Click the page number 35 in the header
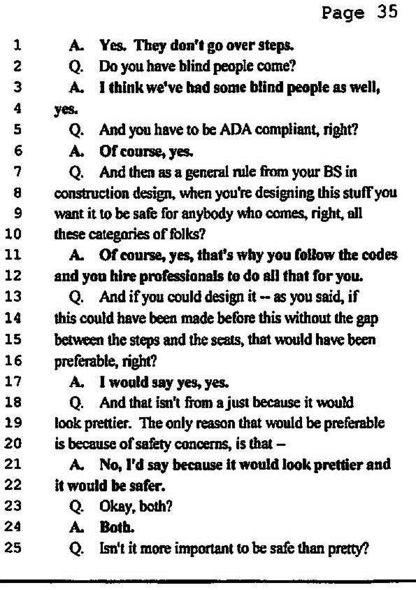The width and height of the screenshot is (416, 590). coord(387,13)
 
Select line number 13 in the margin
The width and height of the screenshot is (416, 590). coord(13,297)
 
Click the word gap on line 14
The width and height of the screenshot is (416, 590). coord(367,319)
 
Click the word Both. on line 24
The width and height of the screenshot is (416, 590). coord(117,527)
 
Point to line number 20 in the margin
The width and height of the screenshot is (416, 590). coord(13,443)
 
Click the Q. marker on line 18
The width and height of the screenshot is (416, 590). coord(76,403)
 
